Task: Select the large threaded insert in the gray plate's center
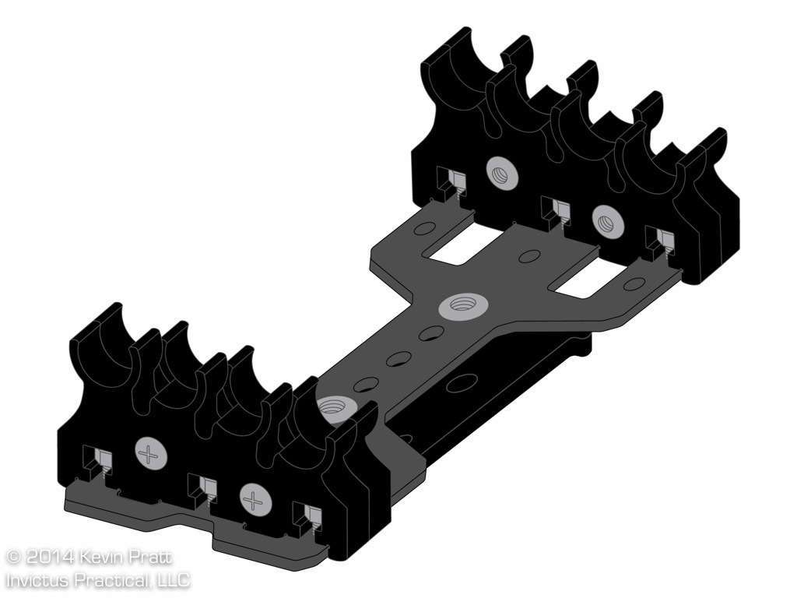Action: tap(462, 307)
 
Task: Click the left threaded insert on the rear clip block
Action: tap(502, 173)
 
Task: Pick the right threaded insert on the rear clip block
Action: tap(608, 220)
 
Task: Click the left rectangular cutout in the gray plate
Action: tap(463, 242)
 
